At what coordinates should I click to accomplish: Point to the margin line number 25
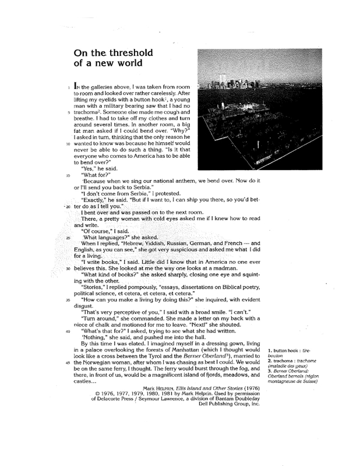click(x=68, y=238)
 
